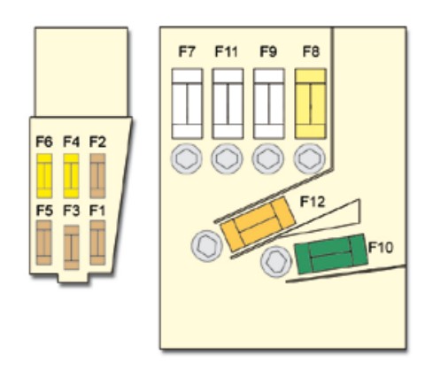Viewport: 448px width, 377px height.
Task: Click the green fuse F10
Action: pyautogui.click(x=331, y=254)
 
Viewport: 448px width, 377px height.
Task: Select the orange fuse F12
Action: pyautogui.click(x=258, y=224)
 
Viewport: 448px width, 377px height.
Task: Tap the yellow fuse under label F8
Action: pyautogui.click(x=311, y=104)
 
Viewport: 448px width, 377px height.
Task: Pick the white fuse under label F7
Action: pyautogui.click(x=187, y=104)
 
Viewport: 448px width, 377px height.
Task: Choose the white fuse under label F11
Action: pyautogui.click(x=228, y=104)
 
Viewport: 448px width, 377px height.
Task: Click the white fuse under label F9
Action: pyautogui.click(x=269, y=104)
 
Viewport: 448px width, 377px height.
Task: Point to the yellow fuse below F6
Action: pyautogui.click(x=44, y=176)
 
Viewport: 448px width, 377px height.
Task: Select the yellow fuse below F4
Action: pyautogui.click(x=71, y=176)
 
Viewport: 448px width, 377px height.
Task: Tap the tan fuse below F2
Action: pyautogui.click(x=97, y=176)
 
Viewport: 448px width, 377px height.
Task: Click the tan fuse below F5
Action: pyautogui.click(x=44, y=242)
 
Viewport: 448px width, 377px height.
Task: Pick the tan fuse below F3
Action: pyautogui.click(x=72, y=247)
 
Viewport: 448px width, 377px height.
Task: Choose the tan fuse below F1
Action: pyautogui.click(x=97, y=242)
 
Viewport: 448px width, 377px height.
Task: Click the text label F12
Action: pyautogui.click(x=313, y=202)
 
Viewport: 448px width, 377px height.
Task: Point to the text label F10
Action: pyautogui.click(x=381, y=247)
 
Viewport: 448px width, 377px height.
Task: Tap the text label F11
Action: pyautogui.click(x=226, y=51)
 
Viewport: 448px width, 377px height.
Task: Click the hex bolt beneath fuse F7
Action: pyautogui.click(x=186, y=158)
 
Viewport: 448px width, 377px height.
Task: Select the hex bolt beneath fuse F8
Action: pyautogui.click(x=309, y=158)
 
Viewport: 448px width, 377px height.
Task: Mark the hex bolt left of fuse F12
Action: pyautogui.click(x=207, y=246)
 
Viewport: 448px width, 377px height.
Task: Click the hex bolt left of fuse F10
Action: pyautogui.click(x=276, y=262)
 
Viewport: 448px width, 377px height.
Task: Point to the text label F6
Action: pyautogui.click(x=44, y=142)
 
